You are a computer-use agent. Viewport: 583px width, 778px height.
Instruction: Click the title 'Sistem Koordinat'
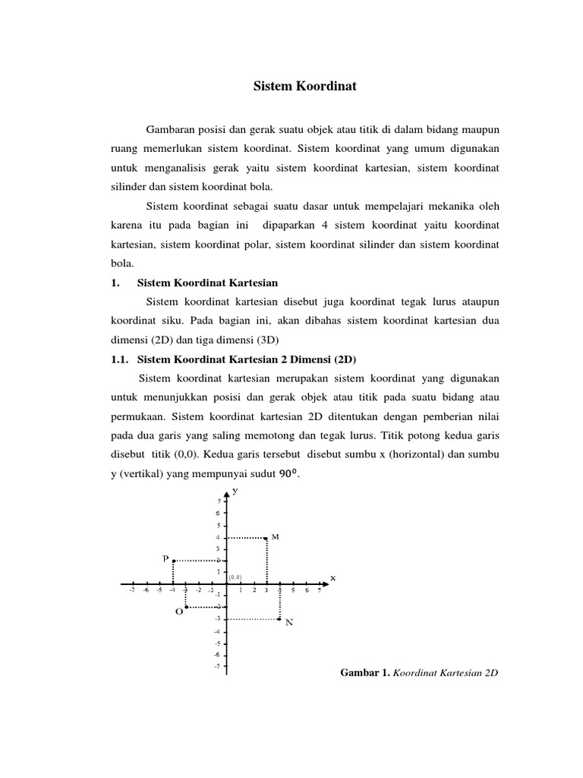point(304,87)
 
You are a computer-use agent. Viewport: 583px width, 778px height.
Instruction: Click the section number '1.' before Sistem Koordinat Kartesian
point(115,283)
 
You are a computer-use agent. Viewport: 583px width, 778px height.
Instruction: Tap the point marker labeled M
point(266,538)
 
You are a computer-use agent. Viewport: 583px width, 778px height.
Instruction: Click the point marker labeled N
point(279,619)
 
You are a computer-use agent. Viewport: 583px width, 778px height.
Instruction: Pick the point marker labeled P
point(174,561)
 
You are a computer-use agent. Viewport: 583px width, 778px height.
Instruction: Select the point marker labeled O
point(186,607)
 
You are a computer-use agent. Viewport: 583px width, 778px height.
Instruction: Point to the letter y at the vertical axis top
point(235,491)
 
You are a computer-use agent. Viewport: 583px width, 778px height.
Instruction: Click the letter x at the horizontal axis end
point(332,577)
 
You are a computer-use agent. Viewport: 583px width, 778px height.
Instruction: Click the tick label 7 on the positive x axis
point(320,590)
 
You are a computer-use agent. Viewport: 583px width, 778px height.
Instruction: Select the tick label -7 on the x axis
point(132,590)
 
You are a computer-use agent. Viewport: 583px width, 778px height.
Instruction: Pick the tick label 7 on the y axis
point(219,502)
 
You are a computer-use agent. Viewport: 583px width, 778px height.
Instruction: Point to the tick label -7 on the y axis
point(217,666)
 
